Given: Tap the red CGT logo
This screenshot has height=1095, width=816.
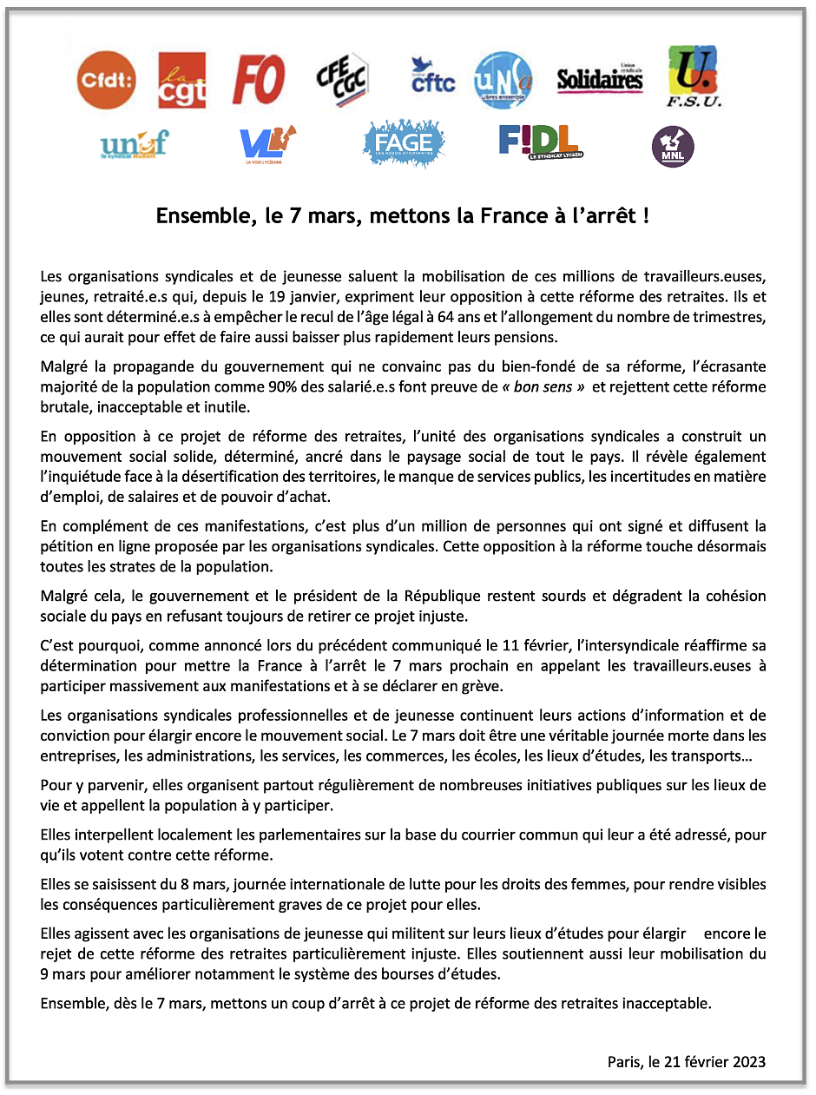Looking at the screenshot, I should [182, 80].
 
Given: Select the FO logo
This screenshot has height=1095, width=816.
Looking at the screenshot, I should [259, 80].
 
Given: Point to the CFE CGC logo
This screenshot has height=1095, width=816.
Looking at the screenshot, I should [342, 79].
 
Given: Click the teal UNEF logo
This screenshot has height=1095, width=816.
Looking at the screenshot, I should [134, 144].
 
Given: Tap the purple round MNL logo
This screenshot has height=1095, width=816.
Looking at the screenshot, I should [673, 147].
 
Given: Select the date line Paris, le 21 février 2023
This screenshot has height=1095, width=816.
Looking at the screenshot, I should [687, 1062].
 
